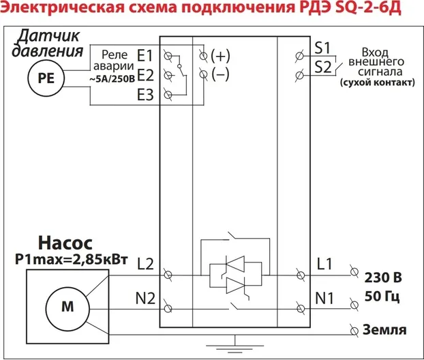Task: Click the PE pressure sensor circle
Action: coord(45,78)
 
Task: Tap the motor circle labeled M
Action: coord(67,307)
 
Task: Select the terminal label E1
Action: coord(145,55)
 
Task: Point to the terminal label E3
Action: coord(145,95)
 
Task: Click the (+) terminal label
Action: coord(220,55)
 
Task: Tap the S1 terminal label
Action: coord(323,48)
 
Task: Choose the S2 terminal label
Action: coord(323,66)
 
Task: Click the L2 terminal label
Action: coord(147,263)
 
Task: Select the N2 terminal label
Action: coord(147,298)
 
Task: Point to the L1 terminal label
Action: coord(324,263)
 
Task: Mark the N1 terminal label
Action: coord(324,298)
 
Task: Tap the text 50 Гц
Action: coord(382,297)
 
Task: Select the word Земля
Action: coord(386,330)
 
